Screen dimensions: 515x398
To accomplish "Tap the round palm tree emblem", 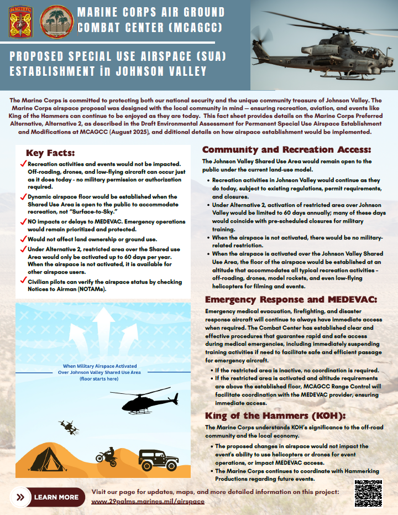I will coord(54,22).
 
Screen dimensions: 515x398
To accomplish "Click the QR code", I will coord(368,493).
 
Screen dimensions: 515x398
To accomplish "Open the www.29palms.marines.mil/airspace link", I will coord(148,501).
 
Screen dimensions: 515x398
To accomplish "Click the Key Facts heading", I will coord(50,153).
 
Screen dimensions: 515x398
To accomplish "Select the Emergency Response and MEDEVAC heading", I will coord(290,299).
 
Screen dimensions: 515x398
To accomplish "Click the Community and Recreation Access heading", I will coord(286,149).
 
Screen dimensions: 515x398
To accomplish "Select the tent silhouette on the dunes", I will coord(49,459).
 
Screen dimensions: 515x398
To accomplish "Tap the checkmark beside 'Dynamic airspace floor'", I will coord(23,197).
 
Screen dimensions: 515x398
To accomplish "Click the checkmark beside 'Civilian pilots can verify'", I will coord(23,282).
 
